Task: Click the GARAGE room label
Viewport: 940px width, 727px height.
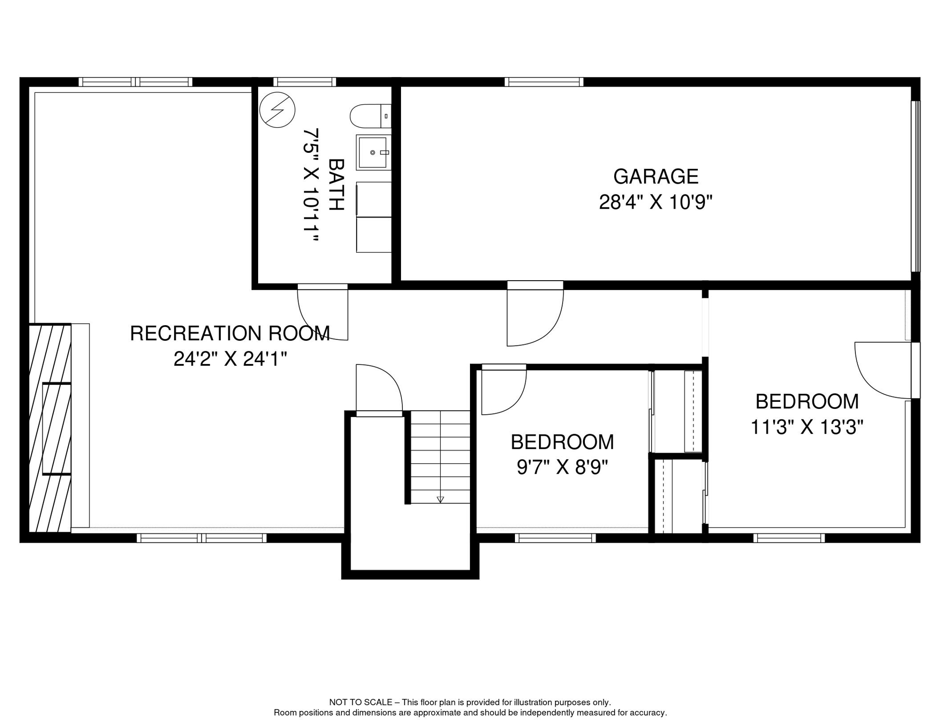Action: (655, 177)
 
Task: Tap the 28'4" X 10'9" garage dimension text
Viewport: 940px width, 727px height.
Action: (655, 202)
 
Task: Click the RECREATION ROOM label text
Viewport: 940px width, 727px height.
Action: (230, 333)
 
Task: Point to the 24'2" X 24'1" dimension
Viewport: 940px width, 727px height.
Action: (230, 359)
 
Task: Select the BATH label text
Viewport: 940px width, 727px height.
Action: (336, 185)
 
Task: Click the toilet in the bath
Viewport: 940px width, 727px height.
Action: (370, 116)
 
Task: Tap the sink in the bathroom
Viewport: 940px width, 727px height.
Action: (374, 152)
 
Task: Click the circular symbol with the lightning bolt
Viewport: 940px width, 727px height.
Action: (278, 110)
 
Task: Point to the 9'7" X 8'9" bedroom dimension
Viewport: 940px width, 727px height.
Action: (562, 468)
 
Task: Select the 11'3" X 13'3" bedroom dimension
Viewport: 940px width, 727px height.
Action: (807, 427)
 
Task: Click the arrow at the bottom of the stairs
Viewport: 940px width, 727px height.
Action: (440, 499)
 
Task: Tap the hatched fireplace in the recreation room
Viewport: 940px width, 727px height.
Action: (50, 428)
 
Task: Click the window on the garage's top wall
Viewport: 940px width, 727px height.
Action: (544, 82)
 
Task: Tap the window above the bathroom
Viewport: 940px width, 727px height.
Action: (305, 82)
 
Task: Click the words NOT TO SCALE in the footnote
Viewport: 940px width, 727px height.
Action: (361, 702)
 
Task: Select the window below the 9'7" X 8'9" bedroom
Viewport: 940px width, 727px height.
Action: (555, 538)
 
